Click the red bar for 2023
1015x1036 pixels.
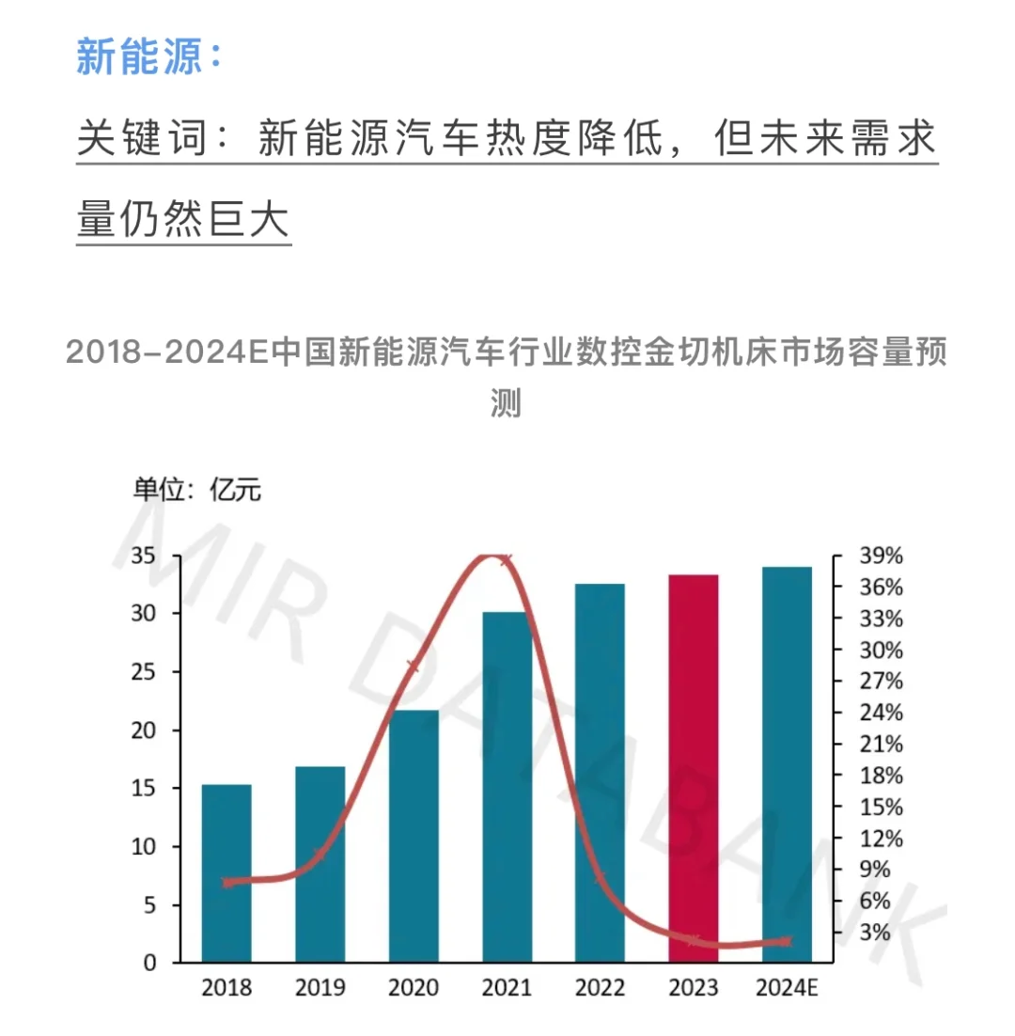(x=694, y=768)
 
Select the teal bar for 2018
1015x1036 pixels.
(x=226, y=873)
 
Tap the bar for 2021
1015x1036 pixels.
(x=507, y=787)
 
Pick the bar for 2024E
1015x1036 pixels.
(x=787, y=764)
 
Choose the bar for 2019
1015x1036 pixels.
(x=320, y=864)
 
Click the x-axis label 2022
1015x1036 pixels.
(x=600, y=988)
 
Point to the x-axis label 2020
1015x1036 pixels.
(x=414, y=988)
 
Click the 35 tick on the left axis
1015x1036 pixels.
(x=145, y=555)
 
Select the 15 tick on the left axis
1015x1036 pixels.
(x=145, y=789)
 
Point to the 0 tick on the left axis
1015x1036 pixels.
(x=150, y=963)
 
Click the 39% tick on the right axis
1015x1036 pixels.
(x=880, y=556)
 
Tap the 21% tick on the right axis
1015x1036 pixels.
(x=880, y=744)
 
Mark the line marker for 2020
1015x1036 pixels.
(x=414, y=667)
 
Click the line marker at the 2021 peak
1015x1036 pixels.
(x=507, y=560)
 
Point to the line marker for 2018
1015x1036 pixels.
(x=226, y=882)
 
